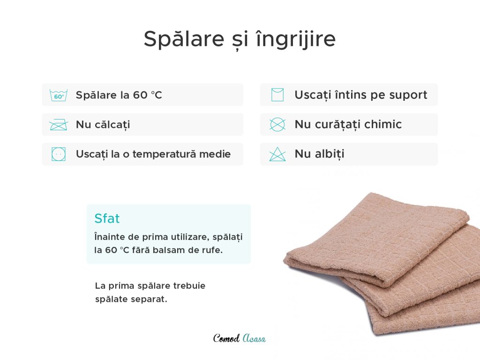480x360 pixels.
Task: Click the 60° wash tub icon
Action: pos(59,96)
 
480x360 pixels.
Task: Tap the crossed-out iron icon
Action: pos(59,125)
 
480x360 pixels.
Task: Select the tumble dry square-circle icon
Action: pos(59,154)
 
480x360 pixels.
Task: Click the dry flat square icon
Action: pos(277,95)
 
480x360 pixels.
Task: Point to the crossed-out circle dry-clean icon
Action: pos(277,125)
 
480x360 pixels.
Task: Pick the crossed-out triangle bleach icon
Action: pos(277,154)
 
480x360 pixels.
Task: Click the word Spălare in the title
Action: pos(184,39)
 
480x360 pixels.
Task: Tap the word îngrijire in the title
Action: pos(296,39)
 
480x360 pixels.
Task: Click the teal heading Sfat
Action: pos(107,218)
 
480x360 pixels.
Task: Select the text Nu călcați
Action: pos(103,125)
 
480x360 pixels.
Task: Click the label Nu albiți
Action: pos(319,154)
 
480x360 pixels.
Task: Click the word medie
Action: pos(215,154)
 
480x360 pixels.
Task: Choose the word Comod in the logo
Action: pos(226,338)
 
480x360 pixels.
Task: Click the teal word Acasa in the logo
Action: pos(254,338)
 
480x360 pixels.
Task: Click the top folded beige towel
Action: pos(376,239)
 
